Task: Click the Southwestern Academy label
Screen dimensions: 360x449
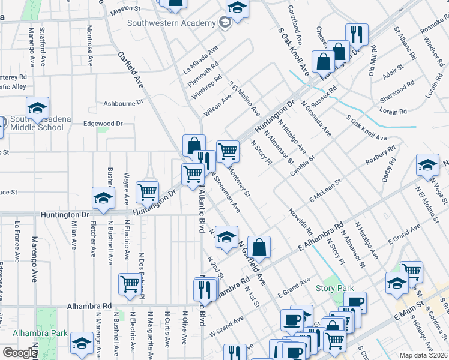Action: [171, 23]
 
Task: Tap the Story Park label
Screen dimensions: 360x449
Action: [334, 288]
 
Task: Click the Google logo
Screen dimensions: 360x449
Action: [19, 353]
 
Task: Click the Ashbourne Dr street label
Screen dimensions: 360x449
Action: [124, 103]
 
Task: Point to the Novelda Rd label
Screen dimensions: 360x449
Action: [300, 221]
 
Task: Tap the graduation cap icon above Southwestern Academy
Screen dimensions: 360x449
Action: [237, 10]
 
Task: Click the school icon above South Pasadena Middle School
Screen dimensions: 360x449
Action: [37, 107]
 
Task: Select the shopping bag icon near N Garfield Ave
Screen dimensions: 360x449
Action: [259, 247]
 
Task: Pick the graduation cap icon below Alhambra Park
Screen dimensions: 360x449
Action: [82, 343]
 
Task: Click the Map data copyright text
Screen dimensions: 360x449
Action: [424, 355]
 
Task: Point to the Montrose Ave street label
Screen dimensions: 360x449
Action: [89, 37]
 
